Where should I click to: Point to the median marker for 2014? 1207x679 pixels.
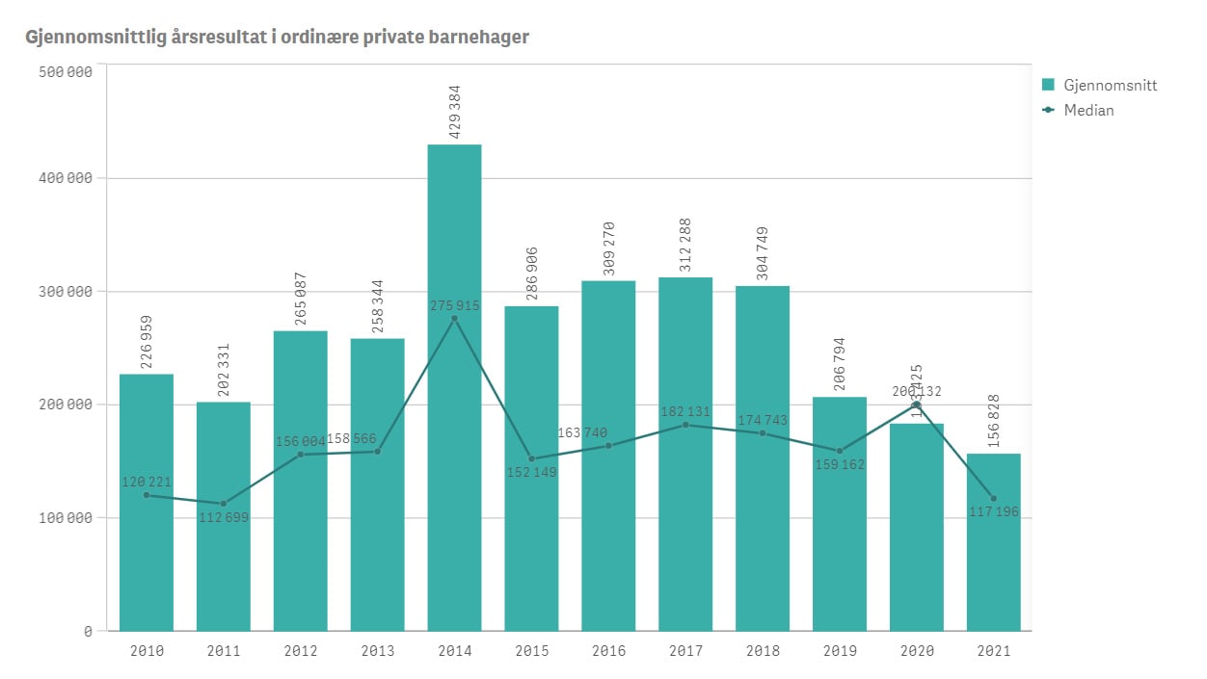click(x=454, y=319)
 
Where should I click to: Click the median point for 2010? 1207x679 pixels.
click(x=147, y=495)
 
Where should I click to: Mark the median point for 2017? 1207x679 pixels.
click(x=685, y=425)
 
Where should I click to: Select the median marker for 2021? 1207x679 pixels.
click(x=993, y=498)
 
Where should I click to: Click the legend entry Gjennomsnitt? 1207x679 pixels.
click(x=1109, y=85)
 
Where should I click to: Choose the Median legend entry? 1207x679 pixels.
click(x=1088, y=110)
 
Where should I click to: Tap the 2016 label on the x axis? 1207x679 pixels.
click(x=608, y=651)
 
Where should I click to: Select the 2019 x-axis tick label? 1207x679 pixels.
click(x=839, y=651)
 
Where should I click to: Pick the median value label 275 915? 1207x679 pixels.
click(x=454, y=305)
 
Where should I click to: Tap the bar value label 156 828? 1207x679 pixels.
click(x=994, y=420)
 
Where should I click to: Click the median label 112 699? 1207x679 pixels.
click(x=224, y=518)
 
